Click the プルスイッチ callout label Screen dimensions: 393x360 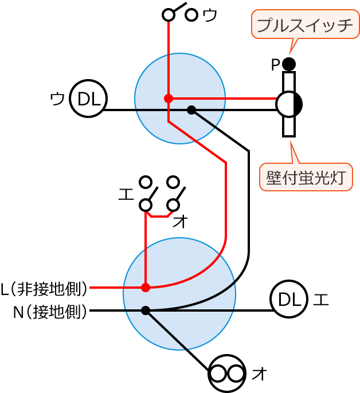click(x=305, y=25)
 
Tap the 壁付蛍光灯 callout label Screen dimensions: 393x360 click(x=306, y=178)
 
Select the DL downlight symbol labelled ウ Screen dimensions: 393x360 click(x=88, y=99)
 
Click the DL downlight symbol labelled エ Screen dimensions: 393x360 click(x=289, y=299)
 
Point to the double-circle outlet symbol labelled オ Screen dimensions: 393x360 click(x=226, y=374)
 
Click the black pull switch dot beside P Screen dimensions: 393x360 click(x=289, y=64)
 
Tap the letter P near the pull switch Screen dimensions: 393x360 click(x=276, y=65)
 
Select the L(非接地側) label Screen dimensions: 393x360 click(x=44, y=288)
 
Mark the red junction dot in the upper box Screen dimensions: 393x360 click(x=169, y=99)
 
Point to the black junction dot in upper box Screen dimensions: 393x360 click(x=191, y=110)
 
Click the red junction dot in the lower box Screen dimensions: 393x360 click(x=146, y=287)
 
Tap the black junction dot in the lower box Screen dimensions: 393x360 click(x=146, y=311)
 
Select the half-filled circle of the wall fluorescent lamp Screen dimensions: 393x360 click(x=289, y=104)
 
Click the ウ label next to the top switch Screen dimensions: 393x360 click(x=210, y=15)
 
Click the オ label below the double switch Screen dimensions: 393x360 click(x=180, y=222)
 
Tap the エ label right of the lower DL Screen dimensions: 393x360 click(x=321, y=299)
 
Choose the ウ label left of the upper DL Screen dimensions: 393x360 click(x=57, y=99)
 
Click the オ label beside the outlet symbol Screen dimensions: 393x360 click(x=260, y=374)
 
